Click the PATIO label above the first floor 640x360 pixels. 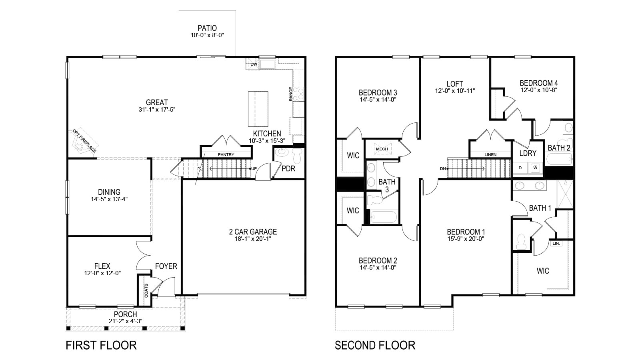click(207, 28)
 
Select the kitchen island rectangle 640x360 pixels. click(258, 108)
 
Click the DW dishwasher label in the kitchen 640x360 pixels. click(253, 64)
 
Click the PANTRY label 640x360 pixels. click(226, 154)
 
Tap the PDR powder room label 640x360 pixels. click(288, 168)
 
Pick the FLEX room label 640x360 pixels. click(102, 266)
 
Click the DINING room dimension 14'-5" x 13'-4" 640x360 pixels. click(109, 199)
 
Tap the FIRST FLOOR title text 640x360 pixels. click(101, 345)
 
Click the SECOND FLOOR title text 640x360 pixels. click(375, 345)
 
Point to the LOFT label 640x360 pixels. click(455, 84)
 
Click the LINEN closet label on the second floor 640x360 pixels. click(490, 154)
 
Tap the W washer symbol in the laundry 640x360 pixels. click(535, 168)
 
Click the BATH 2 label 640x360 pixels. click(559, 148)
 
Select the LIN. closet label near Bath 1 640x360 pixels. click(556, 243)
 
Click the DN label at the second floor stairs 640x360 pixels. click(443, 168)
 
